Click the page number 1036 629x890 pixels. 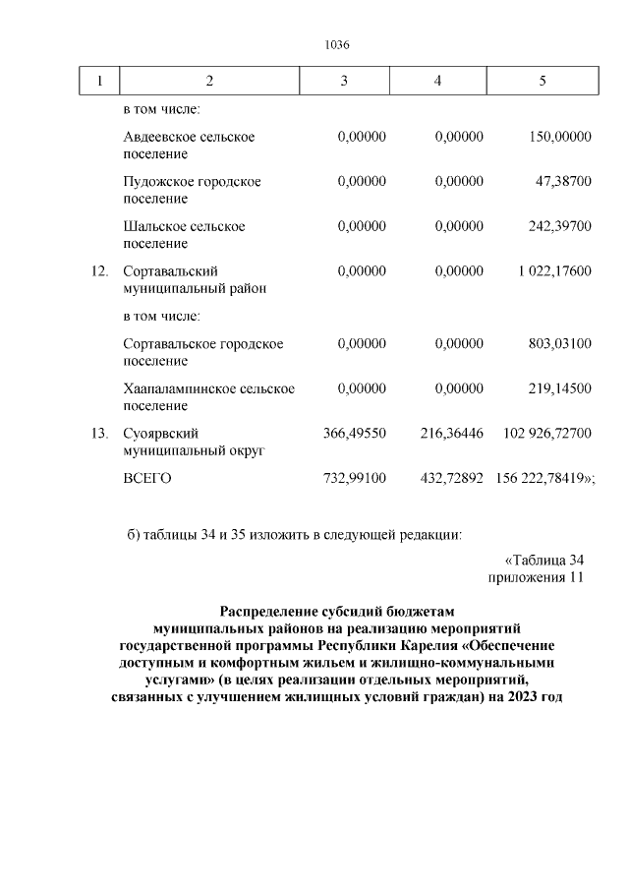(x=337, y=45)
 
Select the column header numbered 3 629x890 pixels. (x=343, y=81)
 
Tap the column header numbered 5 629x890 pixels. (x=543, y=81)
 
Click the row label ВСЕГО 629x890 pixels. (x=147, y=478)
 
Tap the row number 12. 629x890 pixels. (x=99, y=270)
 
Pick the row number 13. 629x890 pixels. (x=99, y=434)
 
